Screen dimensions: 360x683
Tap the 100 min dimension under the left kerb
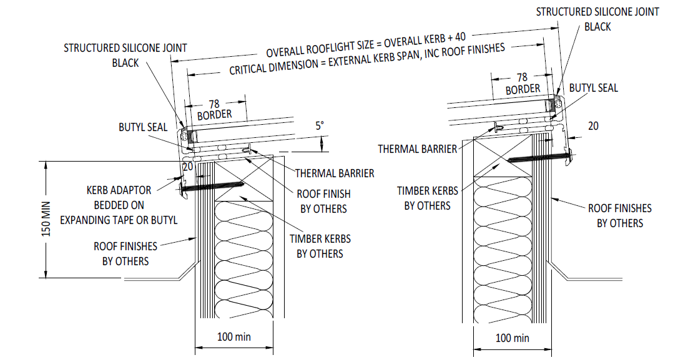click(x=234, y=337)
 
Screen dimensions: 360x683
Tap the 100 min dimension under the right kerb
click(x=512, y=338)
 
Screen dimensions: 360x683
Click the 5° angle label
click(x=320, y=125)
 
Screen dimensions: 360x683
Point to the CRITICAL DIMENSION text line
click(x=366, y=60)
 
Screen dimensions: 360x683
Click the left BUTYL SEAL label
click(x=143, y=127)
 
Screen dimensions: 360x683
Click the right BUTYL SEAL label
click(x=593, y=88)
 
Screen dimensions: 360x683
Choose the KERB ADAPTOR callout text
click(x=119, y=205)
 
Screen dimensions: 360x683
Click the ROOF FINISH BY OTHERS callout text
click(x=323, y=201)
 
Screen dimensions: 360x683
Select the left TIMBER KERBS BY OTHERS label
click(x=320, y=246)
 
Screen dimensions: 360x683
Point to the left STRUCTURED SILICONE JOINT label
click(x=125, y=55)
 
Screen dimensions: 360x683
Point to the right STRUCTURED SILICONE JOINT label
click(x=597, y=19)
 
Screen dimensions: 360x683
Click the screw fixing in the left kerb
click(x=212, y=185)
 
